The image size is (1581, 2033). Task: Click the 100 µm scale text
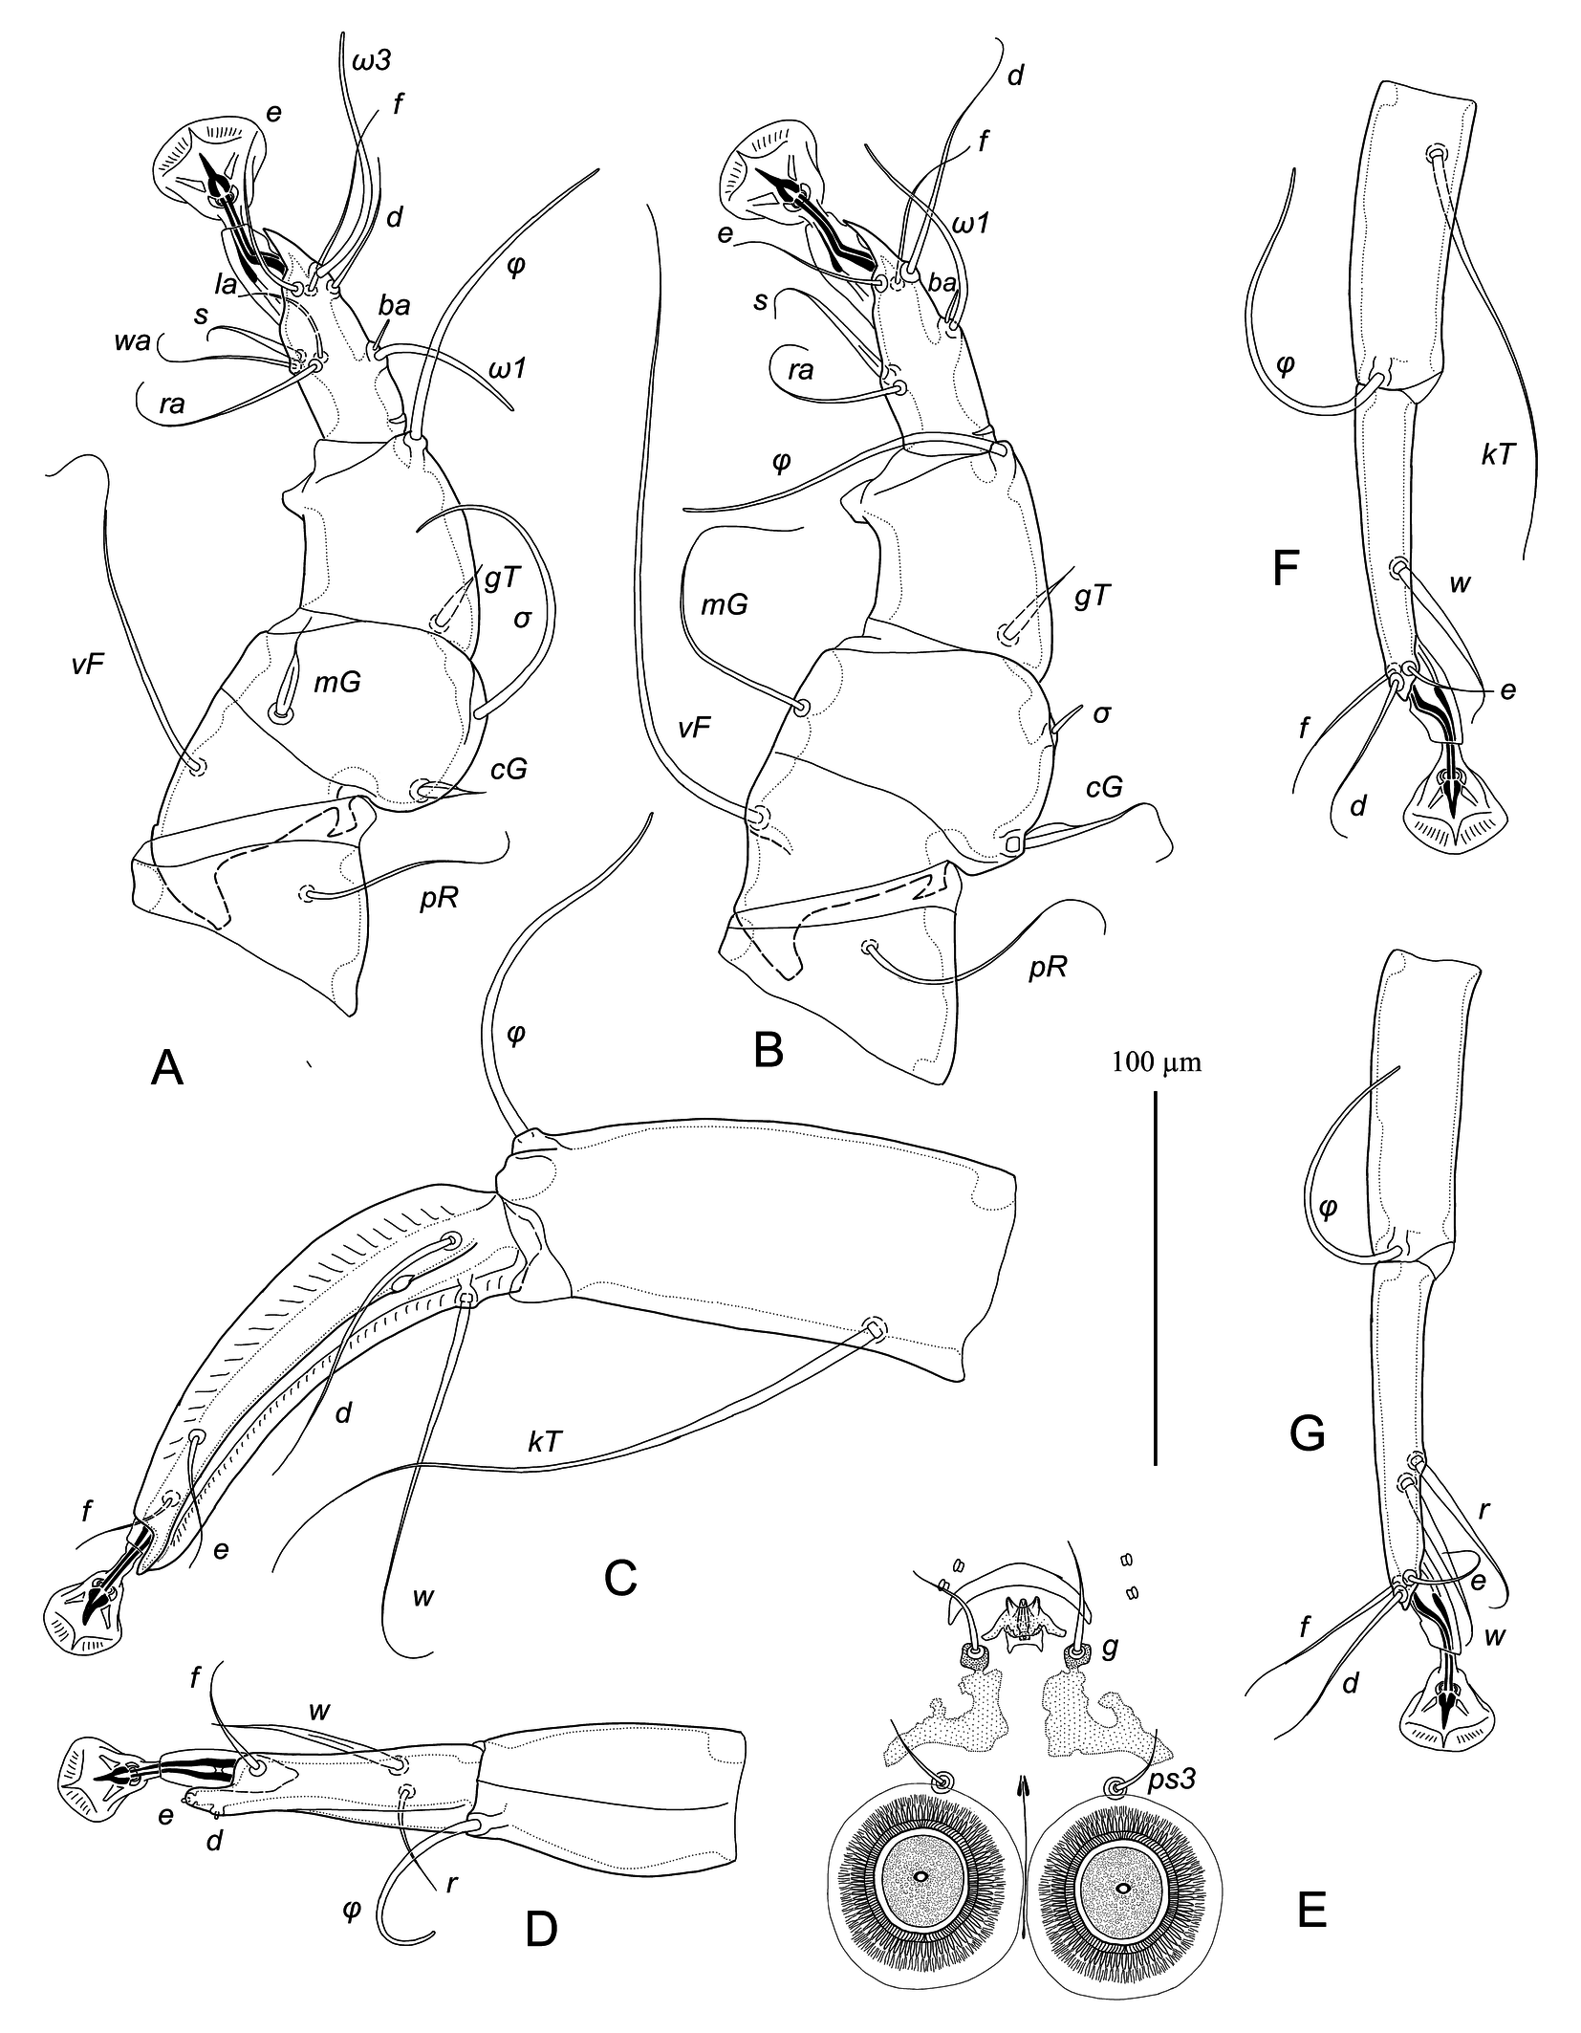(x=1157, y=1061)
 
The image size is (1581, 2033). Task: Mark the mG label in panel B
(x=725, y=604)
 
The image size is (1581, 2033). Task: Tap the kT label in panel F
(x=1498, y=453)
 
